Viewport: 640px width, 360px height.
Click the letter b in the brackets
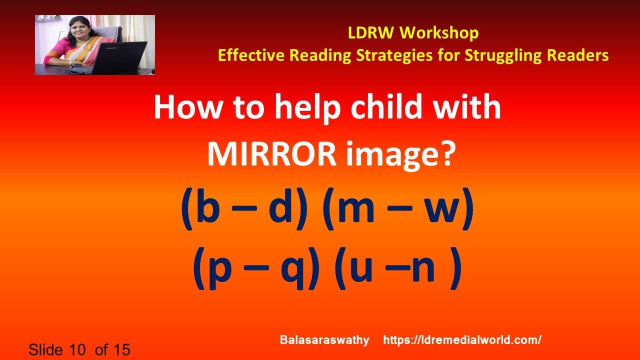(x=208, y=210)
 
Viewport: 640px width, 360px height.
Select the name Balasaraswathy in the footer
(x=324, y=340)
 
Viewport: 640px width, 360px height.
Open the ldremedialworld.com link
(x=462, y=340)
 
